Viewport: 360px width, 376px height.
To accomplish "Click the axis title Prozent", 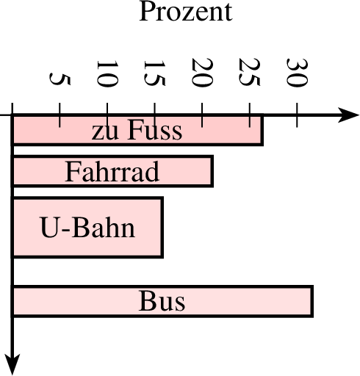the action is (186, 11).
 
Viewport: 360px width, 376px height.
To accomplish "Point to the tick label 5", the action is (60, 79).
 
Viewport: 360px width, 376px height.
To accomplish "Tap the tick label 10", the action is (107, 73).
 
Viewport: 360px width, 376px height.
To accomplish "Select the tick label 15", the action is (154, 73).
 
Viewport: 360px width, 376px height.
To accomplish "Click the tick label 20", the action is (202, 73).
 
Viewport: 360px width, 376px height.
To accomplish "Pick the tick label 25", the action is (250, 72).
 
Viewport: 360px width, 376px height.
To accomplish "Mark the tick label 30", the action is (297, 73).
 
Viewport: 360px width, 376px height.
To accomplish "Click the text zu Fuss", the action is (137, 131).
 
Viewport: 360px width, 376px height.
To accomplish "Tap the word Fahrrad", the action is (112, 171).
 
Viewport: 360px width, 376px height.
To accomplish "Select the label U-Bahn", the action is (87, 227).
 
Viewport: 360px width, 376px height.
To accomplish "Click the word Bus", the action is (162, 301).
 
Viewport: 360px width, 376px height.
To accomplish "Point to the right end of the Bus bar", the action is (312, 301).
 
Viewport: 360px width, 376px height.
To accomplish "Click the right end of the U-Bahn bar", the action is (162, 227).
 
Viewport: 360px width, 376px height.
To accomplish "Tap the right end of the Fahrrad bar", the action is (212, 171).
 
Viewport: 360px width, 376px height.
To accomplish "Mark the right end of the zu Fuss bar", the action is (262, 130).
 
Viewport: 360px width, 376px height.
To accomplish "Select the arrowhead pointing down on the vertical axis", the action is (12, 365).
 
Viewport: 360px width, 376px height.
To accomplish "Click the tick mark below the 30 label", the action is (297, 115).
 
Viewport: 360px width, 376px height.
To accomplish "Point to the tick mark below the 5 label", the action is (60, 115).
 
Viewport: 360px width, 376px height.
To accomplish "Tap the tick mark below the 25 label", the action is (250, 115).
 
